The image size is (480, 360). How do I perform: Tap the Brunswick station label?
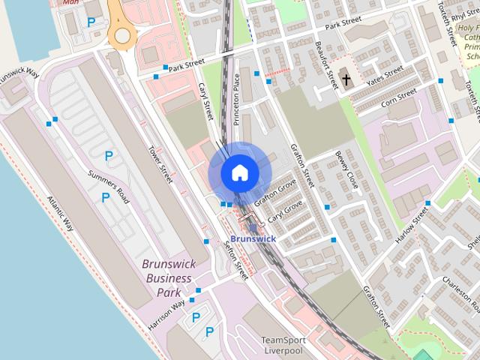[x=253, y=238]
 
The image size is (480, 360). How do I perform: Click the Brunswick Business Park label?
[x=169, y=277]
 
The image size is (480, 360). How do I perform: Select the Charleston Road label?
[x=457, y=289]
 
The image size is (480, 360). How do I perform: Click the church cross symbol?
[x=346, y=77]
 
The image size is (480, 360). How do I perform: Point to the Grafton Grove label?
[x=275, y=192]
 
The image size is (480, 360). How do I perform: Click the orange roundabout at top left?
[x=120, y=35]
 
